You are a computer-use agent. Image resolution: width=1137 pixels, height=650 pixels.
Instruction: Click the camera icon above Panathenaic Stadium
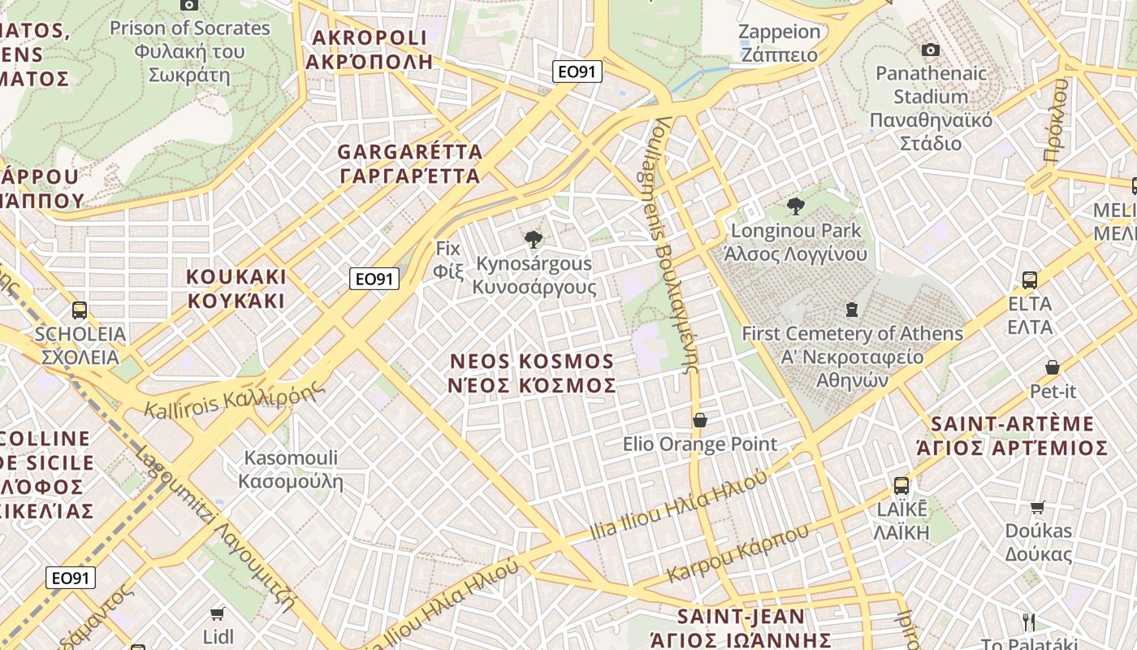[931, 50]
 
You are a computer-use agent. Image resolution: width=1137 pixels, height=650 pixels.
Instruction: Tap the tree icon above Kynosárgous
[534, 240]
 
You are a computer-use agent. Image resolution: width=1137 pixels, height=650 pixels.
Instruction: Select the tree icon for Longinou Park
[795, 206]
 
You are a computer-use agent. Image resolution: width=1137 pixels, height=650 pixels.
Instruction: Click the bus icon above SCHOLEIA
[80, 310]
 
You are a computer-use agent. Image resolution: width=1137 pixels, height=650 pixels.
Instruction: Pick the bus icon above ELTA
[1029, 280]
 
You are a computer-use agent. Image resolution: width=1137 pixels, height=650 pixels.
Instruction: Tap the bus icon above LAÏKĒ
[901, 486]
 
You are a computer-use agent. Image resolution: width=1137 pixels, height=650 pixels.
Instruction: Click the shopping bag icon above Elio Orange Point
[699, 420]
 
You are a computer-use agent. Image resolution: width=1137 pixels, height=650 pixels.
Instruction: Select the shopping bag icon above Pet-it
[1053, 367]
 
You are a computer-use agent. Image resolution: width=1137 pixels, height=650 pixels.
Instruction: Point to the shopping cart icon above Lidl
[217, 613]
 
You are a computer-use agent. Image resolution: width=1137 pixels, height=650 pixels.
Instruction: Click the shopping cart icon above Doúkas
[1038, 507]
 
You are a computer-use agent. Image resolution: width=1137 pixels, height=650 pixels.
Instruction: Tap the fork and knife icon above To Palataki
[1029, 622]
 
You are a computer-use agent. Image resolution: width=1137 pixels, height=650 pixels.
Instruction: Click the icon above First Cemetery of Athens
[851, 310]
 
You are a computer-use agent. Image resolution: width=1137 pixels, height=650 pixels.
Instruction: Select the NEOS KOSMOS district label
[532, 373]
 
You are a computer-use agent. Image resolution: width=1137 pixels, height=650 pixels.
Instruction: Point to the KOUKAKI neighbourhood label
[236, 288]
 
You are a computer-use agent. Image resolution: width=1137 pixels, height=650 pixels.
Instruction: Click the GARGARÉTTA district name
[409, 163]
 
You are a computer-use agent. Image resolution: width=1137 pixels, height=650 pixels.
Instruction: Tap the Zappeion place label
[780, 43]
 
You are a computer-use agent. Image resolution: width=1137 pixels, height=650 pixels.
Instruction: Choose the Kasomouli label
[291, 470]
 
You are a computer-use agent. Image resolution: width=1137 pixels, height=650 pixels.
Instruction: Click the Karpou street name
[737, 553]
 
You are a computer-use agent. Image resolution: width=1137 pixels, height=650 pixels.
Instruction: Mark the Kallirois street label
[236, 396]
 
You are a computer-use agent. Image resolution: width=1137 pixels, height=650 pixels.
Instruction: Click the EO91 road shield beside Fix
[375, 279]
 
